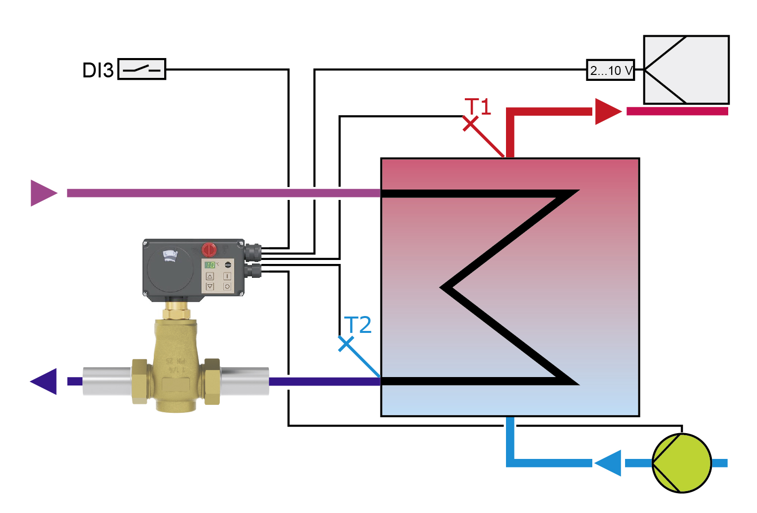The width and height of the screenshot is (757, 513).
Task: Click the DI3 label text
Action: pos(98,70)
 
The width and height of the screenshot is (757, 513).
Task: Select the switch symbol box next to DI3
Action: pos(142,69)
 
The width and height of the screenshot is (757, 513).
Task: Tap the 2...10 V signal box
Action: pos(611,70)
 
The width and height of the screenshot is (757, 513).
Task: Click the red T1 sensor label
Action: pos(478,106)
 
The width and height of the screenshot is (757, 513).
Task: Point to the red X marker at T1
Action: pos(470,124)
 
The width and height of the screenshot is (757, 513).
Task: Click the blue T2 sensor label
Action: pos(358,325)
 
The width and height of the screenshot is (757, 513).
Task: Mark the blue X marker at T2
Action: pos(346,344)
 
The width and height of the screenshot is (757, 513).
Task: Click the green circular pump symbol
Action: pos(682,463)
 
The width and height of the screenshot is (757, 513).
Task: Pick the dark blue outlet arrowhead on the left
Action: pos(45,382)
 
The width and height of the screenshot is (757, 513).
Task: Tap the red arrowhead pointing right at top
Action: pos(607,112)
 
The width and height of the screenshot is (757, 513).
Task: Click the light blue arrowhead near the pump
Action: pos(608,463)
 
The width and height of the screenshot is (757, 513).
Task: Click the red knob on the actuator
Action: pos(209,249)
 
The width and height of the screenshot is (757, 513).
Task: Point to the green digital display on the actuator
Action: pos(210,265)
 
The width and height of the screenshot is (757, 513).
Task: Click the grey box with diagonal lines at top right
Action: pos(686,70)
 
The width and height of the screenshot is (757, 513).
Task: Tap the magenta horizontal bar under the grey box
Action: pos(677,112)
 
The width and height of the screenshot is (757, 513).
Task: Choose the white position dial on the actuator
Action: pos(170,256)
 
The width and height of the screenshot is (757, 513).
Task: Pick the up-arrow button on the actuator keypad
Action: pos(210,276)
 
